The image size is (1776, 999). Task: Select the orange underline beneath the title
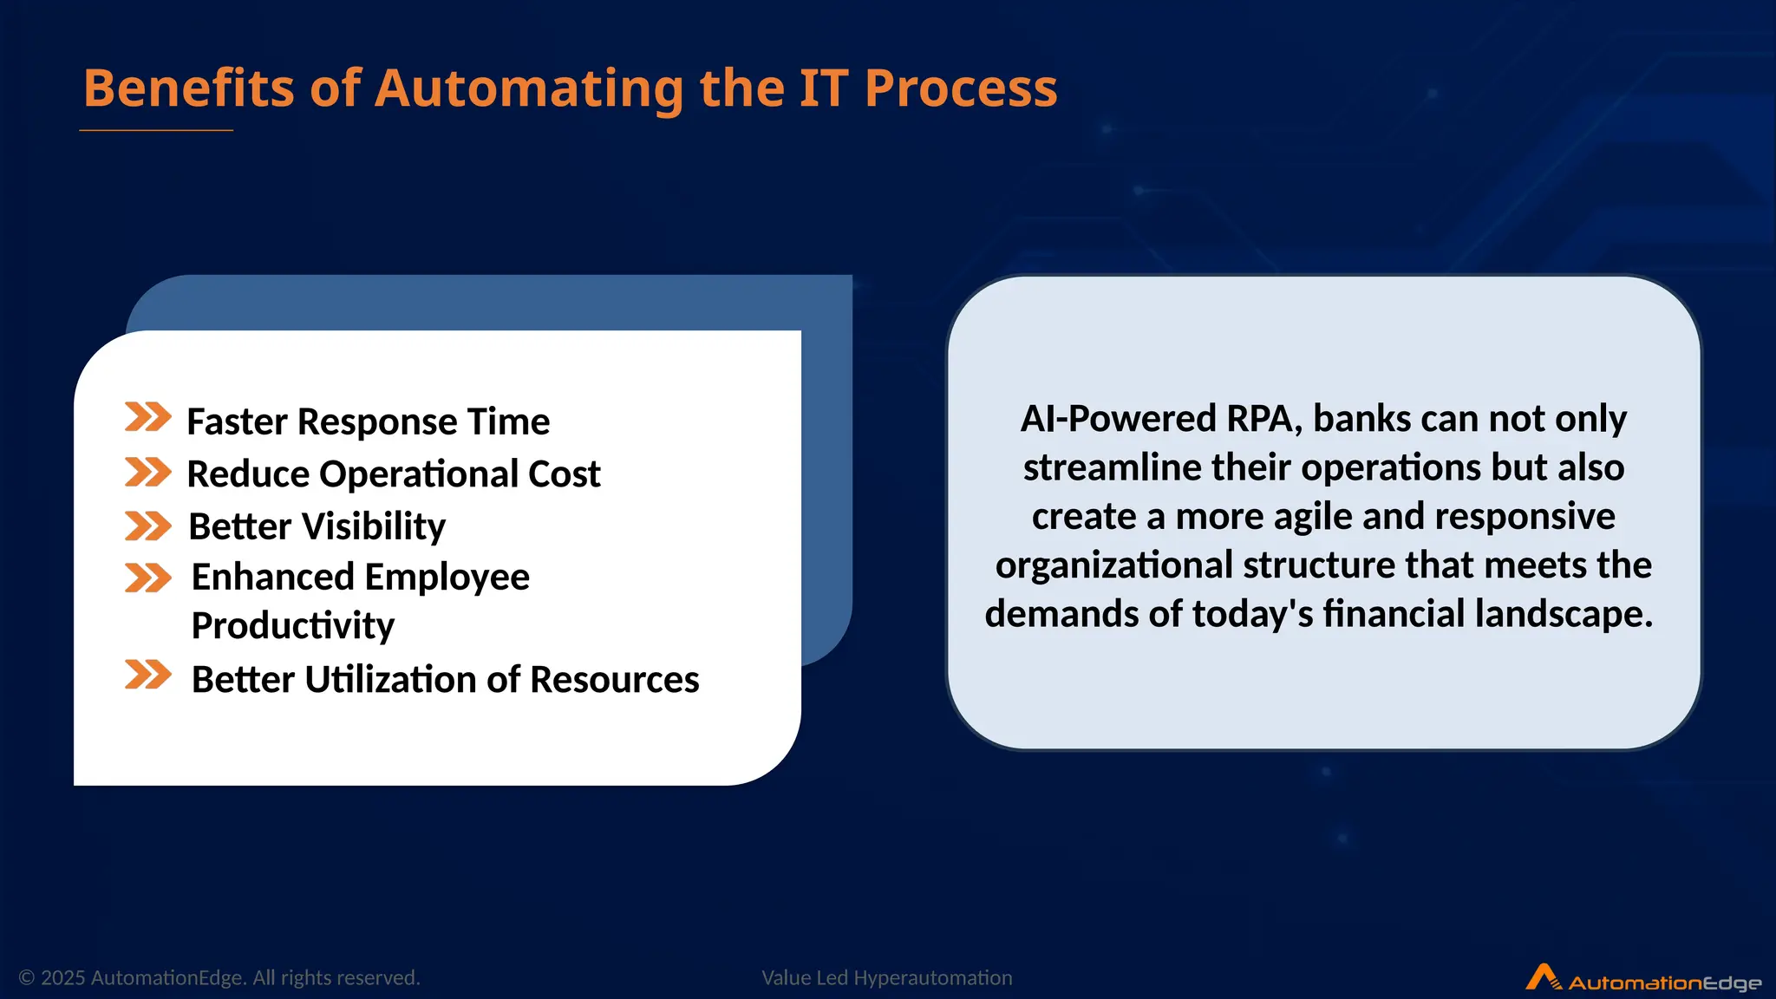tap(156, 131)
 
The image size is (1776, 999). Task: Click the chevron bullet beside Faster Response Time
tap(147, 417)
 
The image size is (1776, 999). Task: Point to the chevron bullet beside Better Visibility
tap(147, 526)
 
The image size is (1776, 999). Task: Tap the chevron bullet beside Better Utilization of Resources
tap(147, 675)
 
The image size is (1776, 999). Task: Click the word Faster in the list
tap(237, 422)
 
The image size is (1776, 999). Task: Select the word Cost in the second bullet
tap(564, 474)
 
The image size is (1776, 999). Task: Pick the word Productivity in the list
tap(292, 626)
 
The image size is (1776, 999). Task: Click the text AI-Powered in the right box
tap(1118, 420)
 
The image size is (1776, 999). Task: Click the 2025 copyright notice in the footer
tap(219, 978)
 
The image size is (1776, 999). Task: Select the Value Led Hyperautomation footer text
tap(886, 978)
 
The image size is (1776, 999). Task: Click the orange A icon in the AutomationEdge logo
tap(1543, 977)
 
